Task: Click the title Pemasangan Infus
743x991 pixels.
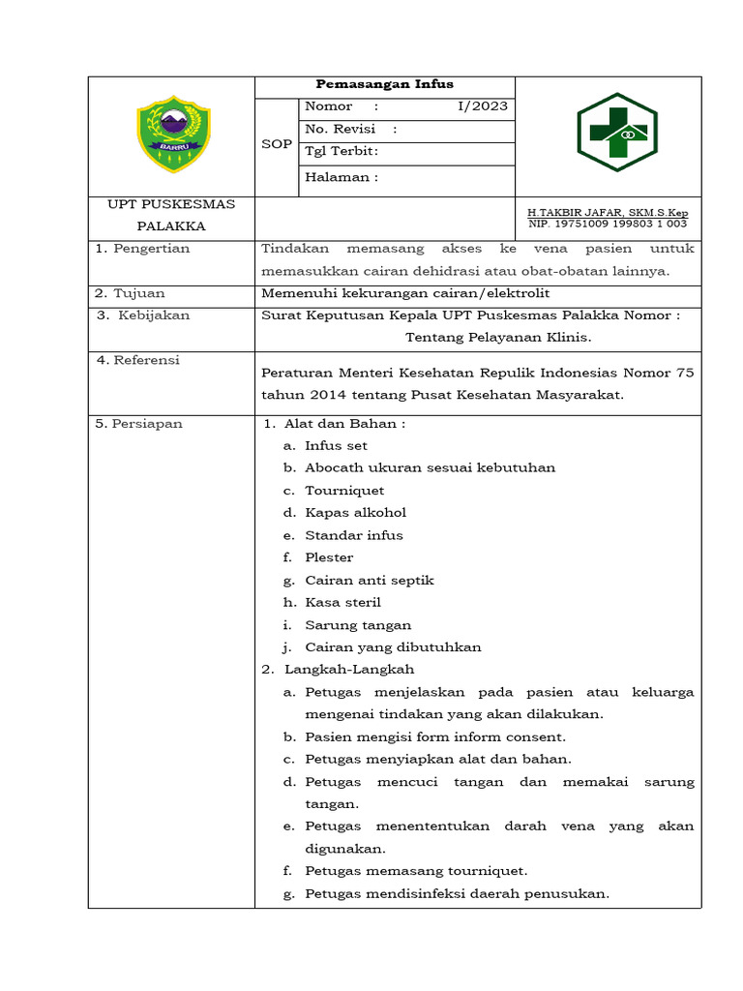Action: click(385, 84)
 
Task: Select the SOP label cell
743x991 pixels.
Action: click(277, 144)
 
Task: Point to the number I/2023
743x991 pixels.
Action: click(482, 106)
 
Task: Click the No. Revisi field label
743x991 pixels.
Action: click(350, 129)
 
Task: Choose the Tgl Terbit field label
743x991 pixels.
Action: click(342, 151)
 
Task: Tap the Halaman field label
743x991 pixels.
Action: click(342, 177)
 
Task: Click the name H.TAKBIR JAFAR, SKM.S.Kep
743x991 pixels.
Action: click(607, 212)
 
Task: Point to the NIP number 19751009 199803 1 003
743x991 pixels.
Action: click(607, 224)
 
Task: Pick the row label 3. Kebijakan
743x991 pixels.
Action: click(143, 315)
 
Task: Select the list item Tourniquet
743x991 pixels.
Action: click(344, 491)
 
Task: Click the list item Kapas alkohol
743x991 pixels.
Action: click(355, 513)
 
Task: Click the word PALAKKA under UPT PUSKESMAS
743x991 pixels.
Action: click(171, 226)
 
